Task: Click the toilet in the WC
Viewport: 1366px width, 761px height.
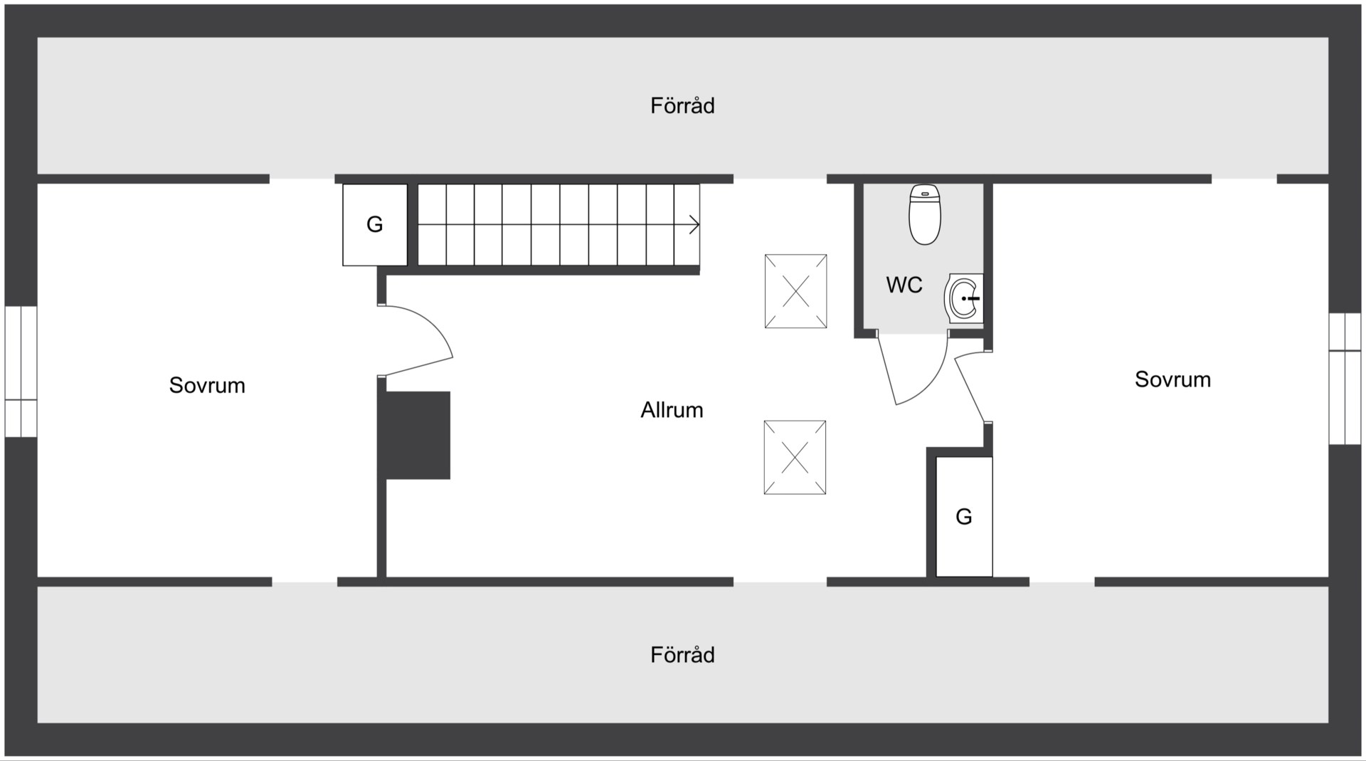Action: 925,214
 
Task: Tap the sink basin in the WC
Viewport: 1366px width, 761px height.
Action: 963,298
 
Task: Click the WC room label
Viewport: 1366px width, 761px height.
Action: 904,285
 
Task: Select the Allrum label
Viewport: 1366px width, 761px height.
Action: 672,410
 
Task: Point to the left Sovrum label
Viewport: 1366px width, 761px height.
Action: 207,385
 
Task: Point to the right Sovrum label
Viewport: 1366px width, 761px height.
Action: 1172,379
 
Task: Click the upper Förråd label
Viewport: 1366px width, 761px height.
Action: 682,105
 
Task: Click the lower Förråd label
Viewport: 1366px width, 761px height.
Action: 682,655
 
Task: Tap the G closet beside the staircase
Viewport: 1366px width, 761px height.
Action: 375,225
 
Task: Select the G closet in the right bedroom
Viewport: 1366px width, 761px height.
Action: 964,517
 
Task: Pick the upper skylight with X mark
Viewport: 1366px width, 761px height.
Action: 795,291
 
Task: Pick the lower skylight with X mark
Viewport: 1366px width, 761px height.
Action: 795,457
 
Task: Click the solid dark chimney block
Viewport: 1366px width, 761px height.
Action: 418,435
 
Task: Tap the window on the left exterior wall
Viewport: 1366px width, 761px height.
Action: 21,371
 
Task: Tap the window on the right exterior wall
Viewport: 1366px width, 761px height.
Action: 1345,379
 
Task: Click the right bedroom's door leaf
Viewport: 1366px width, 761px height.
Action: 970,390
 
